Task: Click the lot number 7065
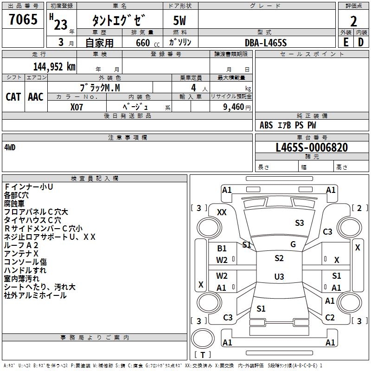coord(23,19)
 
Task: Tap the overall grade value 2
coord(353,21)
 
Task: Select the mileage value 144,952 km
coord(54,67)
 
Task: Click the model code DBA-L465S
coord(266,43)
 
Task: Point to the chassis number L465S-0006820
coord(312,147)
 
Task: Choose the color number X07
coord(77,107)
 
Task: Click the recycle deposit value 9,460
coord(234,107)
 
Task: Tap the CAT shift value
coord(13,97)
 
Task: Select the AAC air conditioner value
coord(36,97)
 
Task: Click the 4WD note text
coord(10,147)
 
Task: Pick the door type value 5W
coord(179,20)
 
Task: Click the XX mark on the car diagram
coord(222,212)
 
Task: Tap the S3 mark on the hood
coord(299,223)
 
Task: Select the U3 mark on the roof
coord(279,276)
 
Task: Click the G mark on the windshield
coord(293,244)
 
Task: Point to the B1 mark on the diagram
coord(222,249)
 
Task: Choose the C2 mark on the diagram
coord(330,317)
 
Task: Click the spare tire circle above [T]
coord(203,339)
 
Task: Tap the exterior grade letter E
coord(346,42)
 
